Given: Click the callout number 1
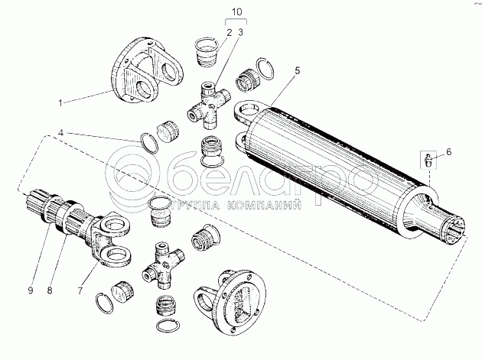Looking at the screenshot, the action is (60, 102).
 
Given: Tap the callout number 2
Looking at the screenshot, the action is (230, 33).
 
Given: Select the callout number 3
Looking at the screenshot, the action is (240, 32).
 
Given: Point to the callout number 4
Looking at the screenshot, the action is (61, 133).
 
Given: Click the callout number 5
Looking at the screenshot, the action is (297, 70).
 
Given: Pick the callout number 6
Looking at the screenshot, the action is (448, 152).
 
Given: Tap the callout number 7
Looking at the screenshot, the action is (80, 290).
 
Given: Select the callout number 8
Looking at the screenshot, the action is (50, 290).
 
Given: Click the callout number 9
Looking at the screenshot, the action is (30, 290).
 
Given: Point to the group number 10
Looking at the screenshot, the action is (236, 12).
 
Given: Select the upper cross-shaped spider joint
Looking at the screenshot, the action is (208, 105).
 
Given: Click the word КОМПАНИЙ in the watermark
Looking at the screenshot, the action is (265, 205).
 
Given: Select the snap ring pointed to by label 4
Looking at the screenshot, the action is (149, 143).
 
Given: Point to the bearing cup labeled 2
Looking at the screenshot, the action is (207, 52).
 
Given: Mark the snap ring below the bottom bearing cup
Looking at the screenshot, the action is (168, 326).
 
